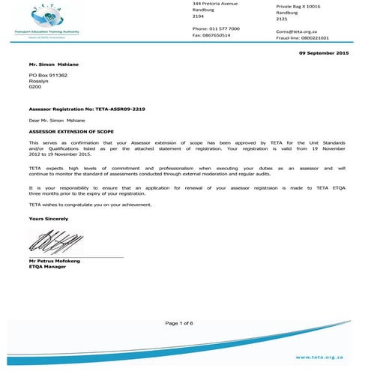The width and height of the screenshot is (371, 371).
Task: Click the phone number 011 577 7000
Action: pos(226,28)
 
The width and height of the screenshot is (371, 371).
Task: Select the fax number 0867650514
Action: pos(219,35)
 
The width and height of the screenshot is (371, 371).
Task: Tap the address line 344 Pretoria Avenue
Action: pos(215,3)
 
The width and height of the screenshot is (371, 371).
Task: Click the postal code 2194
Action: pos(198,16)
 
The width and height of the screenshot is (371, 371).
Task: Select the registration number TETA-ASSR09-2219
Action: pos(122,109)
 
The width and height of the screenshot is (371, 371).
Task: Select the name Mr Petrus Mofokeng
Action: pos(56,261)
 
